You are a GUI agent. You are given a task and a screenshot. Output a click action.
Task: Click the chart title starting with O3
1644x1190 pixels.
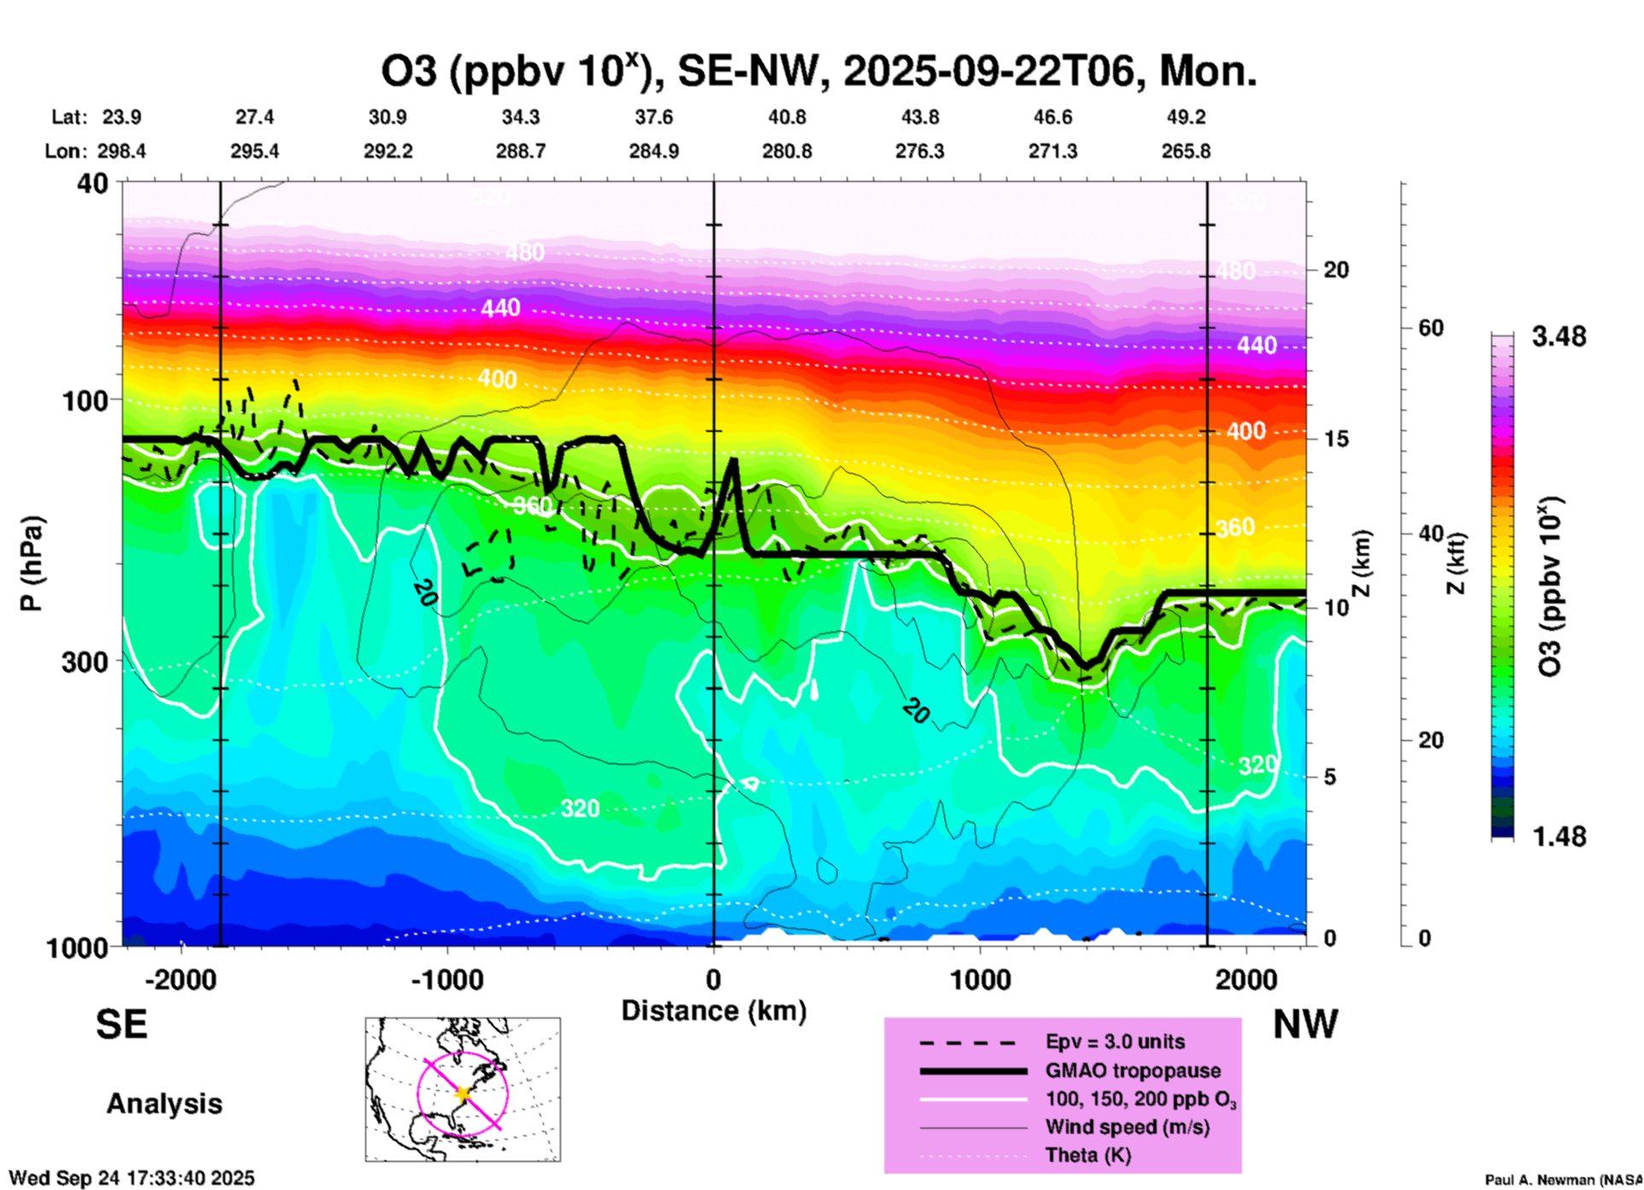pyautogui.click(x=818, y=72)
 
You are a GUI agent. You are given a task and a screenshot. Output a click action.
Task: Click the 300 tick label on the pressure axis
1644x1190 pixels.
pyautogui.click(x=84, y=662)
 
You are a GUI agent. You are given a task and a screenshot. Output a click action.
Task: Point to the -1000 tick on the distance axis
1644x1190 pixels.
pyautogui.click(x=447, y=979)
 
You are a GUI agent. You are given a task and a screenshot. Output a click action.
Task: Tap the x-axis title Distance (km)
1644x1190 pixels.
pyautogui.click(x=714, y=1011)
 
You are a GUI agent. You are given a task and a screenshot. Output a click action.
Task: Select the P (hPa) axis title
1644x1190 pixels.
pyautogui.click(x=32, y=563)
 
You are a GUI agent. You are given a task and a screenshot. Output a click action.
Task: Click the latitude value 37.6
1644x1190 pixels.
pyautogui.click(x=654, y=117)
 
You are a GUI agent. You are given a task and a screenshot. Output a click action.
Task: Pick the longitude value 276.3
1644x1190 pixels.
pyautogui.click(x=919, y=151)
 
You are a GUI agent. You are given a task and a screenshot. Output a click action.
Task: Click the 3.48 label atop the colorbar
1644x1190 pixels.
pyautogui.click(x=1559, y=336)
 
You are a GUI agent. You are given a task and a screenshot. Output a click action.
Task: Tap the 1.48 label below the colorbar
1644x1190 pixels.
pyautogui.click(x=1559, y=837)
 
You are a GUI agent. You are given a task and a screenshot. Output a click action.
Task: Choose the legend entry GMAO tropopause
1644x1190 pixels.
pyautogui.click(x=1133, y=1070)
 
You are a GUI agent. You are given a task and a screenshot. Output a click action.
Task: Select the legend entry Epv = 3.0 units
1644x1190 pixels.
pyautogui.click(x=1115, y=1041)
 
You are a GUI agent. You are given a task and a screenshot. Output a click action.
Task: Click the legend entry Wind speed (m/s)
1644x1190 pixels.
pyautogui.click(x=1127, y=1127)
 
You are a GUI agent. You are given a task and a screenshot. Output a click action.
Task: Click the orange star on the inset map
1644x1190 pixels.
pyautogui.click(x=463, y=1094)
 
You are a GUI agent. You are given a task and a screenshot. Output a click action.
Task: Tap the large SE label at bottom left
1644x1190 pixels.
pyautogui.click(x=121, y=1024)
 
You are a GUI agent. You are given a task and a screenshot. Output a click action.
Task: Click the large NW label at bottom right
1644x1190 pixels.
pyautogui.click(x=1305, y=1024)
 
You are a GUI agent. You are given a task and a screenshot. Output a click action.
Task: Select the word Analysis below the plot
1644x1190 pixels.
pyautogui.click(x=164, y=1104)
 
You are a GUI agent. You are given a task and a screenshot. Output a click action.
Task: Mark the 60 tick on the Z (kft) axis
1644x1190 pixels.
pyautogui.click(x=1431, y=329)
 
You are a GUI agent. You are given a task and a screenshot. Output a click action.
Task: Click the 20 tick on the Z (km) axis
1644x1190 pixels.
pyautogui.click(x=1336, y=270)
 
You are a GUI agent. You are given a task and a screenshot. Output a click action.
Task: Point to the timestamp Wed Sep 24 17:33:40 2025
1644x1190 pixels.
pyautogui.click(x=131, y=1178)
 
